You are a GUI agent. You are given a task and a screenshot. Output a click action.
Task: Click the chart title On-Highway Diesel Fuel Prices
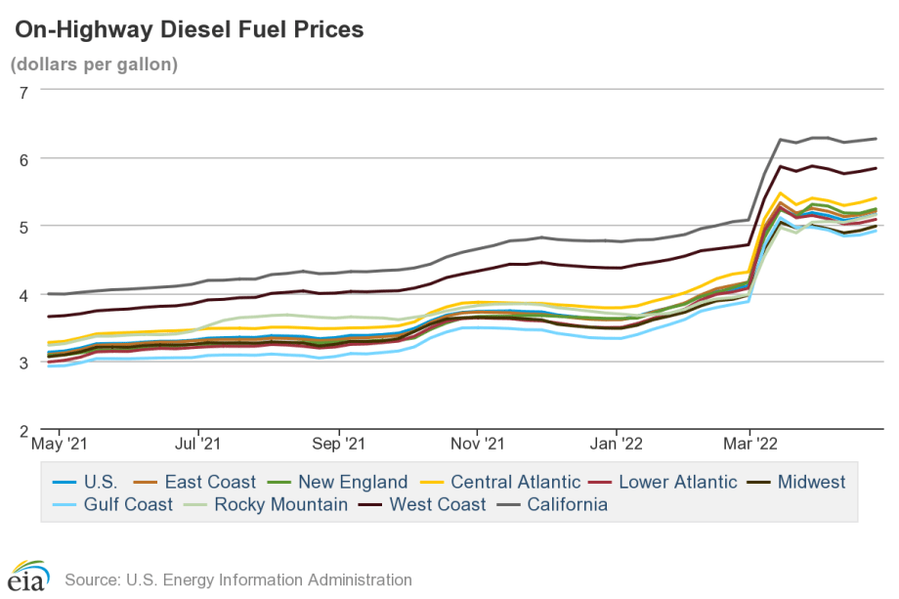[x=189, y=30]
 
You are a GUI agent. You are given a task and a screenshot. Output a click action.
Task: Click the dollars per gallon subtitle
[x=94, y=65]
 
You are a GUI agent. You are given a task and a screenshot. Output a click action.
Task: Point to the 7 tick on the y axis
[x=24, y=91]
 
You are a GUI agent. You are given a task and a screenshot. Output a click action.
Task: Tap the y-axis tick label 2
[x=24, y=430]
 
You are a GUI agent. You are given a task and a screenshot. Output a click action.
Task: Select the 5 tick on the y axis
[x=24, y=227]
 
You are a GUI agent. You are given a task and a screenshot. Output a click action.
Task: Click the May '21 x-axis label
[x=59, y=445]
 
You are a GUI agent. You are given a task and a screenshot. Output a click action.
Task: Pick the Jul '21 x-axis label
[x=198, y=445]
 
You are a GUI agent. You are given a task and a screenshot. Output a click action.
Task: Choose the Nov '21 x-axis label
[x=478, y=445]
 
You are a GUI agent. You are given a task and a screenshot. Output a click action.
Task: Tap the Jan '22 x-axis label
[x=617, y=445]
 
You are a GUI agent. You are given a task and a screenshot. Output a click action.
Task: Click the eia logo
[x=28, y=577]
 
